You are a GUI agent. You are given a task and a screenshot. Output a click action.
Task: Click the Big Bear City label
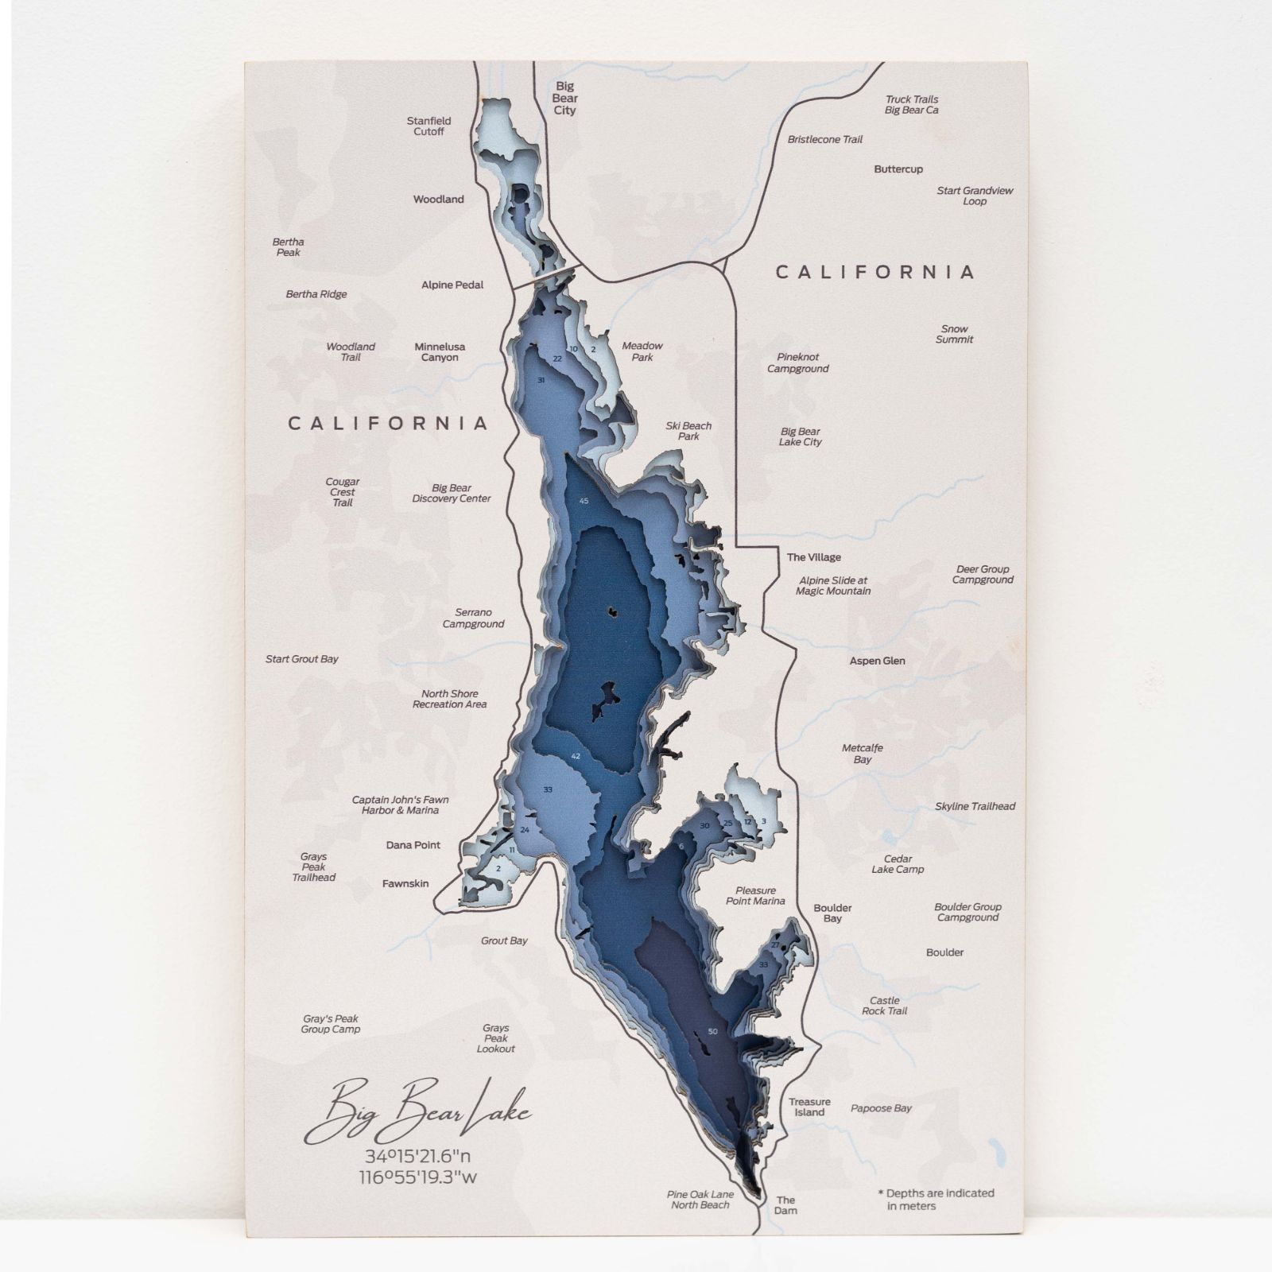(x=564, y=98)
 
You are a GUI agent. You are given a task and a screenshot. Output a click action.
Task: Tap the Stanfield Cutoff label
(x=429, y=126)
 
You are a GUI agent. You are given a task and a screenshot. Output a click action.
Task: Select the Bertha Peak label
(x=288, y=246)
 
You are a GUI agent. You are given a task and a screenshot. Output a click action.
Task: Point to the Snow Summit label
(x=954, y=334)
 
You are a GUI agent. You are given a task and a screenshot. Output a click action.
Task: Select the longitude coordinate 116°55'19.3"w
(x=417, y=1177)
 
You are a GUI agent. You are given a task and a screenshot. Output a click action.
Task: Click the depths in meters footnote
(x=936, y=1199)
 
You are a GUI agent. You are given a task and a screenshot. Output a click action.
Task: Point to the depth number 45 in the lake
(x=584, y=501)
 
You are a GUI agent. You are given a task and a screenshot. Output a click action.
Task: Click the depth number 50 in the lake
(x=712, y=1031)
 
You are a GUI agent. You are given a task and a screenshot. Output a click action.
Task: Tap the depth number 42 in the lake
(x=576, y=756)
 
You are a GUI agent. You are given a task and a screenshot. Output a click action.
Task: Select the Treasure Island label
(x=809, y=1107)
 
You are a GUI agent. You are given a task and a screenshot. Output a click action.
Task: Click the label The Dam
(x=785, y=1205)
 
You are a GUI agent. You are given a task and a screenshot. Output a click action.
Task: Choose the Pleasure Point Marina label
(x=755, y=895)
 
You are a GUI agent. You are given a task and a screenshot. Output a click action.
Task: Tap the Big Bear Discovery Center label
(x=451, y=493)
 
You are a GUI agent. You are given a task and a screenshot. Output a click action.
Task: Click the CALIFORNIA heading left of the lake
(x=388, y=423)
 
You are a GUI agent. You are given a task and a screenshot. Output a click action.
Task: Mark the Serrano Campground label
(x=473, y=618)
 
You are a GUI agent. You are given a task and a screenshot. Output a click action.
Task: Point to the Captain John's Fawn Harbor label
(x=401, y=805)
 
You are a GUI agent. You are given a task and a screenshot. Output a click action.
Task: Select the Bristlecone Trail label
(x=824, y=139)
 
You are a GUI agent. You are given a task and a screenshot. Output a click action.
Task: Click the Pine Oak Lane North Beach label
(x=700, y=1199)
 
